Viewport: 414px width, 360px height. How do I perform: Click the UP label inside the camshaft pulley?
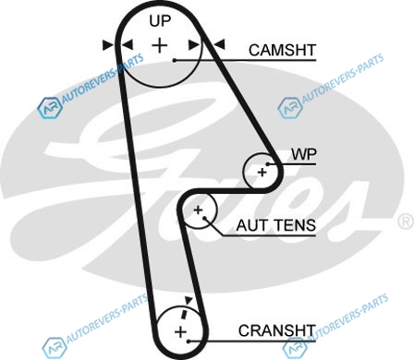tap(160, 21)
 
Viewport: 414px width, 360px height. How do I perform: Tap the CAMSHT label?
tap(283, 50)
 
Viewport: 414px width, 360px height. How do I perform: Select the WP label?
tap(304, 154)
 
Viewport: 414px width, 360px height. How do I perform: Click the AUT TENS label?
tap(276, 225)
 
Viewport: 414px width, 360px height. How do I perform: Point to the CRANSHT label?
tap(277, 330)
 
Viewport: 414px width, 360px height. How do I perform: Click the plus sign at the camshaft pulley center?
tap(160, 45)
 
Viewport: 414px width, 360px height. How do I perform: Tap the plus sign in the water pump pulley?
tap(262, 173)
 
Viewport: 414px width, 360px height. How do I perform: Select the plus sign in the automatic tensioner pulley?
tap(198, 210)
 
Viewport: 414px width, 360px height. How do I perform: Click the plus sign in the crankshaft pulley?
tap(180, 332)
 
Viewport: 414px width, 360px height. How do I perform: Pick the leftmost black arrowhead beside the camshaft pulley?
tap(108, 45)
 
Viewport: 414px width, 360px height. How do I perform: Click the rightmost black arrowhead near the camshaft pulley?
tap(219, 44)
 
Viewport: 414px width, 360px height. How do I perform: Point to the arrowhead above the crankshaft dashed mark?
tap(188, 300)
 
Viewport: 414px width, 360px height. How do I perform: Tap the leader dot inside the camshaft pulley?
tap(175, 60)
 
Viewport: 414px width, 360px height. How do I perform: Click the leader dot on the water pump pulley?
tap(268, 164)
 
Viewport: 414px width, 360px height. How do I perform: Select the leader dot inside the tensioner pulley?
tap(204, 218)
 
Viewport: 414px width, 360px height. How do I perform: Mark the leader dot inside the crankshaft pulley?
tap(189, 342)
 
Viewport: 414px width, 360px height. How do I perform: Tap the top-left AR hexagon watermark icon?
tap(50, 108)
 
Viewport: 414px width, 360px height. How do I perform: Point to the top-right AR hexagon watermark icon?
tap(290, 108)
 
